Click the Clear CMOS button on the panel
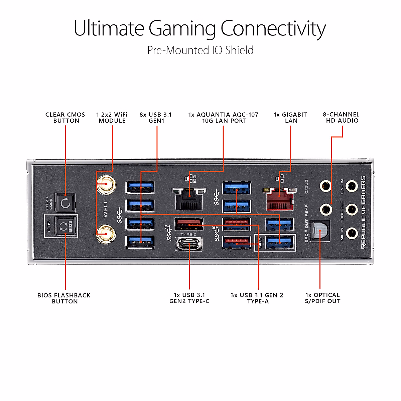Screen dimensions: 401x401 tap(65, 203)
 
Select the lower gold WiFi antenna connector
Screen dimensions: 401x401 tap(106, 234)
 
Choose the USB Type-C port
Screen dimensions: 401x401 tap(189, 244)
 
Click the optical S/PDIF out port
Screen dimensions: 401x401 tap(320, 231)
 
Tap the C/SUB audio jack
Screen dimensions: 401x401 tap(325, 186)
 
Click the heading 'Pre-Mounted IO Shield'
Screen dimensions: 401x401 tap(200, 50)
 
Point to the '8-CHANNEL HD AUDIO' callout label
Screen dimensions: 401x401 tap(341, 118)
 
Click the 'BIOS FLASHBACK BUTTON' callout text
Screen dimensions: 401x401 tap(64, 298)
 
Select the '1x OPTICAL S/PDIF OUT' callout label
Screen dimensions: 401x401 tap(322, 298)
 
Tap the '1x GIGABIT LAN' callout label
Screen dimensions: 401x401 tap(290, 118)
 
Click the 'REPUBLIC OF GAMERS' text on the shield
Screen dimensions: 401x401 tap(364, 213)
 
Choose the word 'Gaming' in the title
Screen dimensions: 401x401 tap(182, 29)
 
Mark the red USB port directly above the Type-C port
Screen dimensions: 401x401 tap(189, 224)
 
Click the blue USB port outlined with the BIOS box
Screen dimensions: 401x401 tap(280, 242)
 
